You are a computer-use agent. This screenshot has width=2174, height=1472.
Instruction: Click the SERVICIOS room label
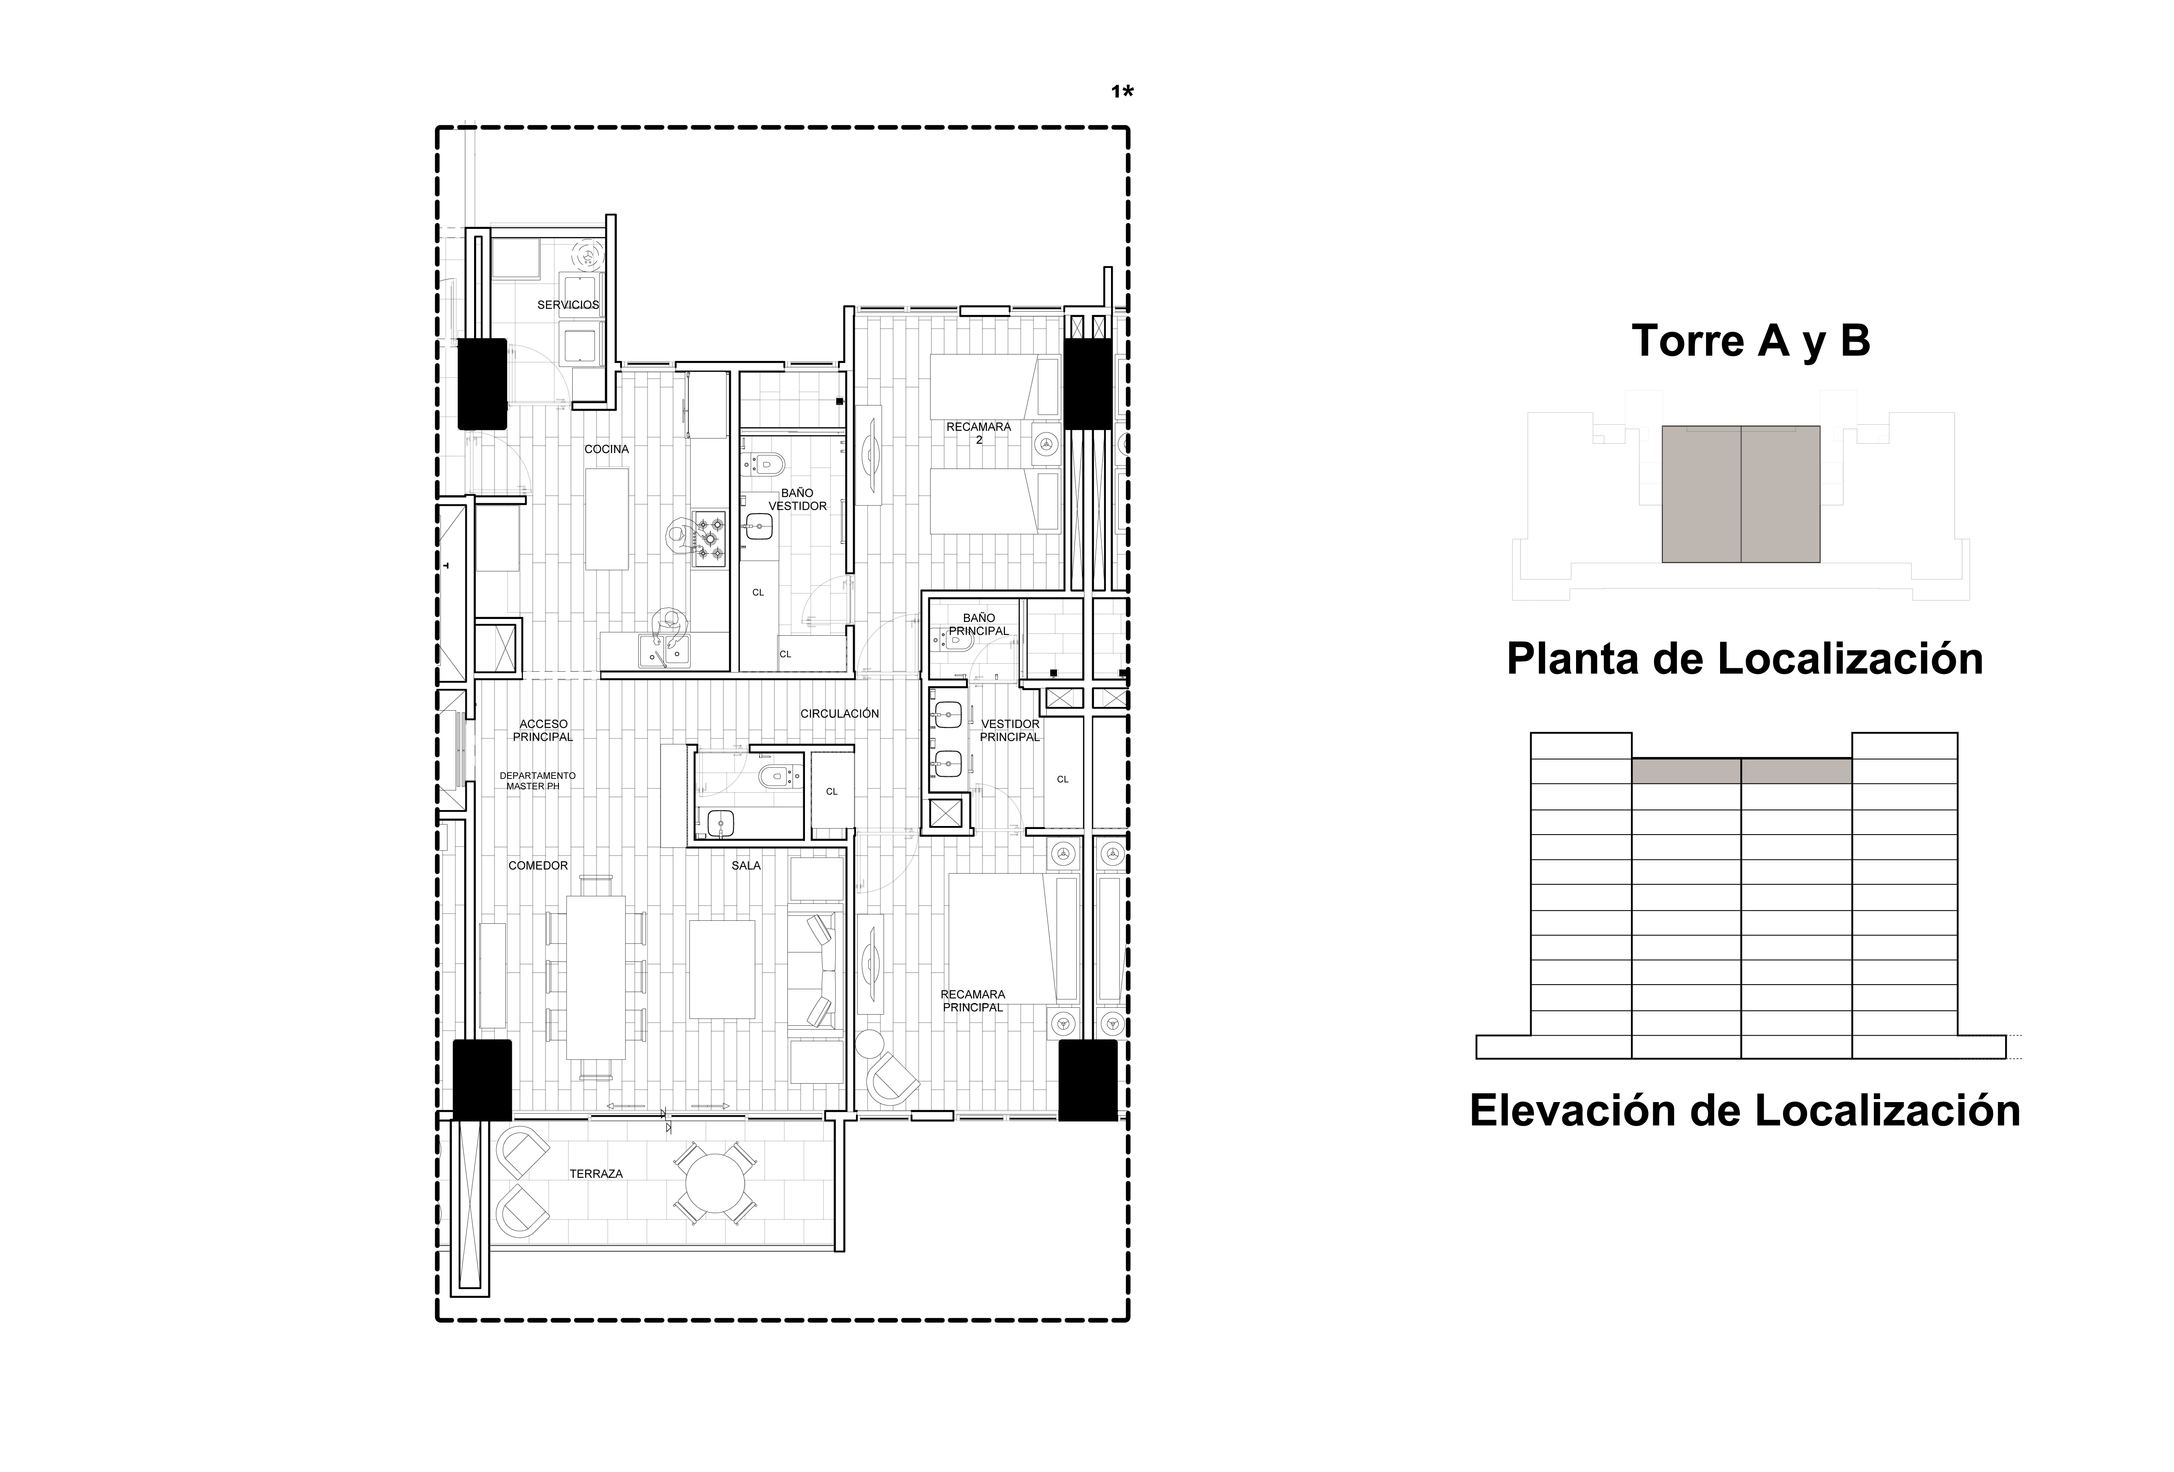pos(568,305)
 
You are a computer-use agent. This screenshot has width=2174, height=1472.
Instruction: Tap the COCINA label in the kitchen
pos(607,449)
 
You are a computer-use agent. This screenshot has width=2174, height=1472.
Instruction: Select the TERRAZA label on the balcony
pos(596,1174)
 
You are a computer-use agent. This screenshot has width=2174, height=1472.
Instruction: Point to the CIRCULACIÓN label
pos(840,714)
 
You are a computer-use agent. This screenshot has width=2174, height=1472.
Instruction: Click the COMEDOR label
pos(538,865)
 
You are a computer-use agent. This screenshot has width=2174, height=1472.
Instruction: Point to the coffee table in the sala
pos(722,968)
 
